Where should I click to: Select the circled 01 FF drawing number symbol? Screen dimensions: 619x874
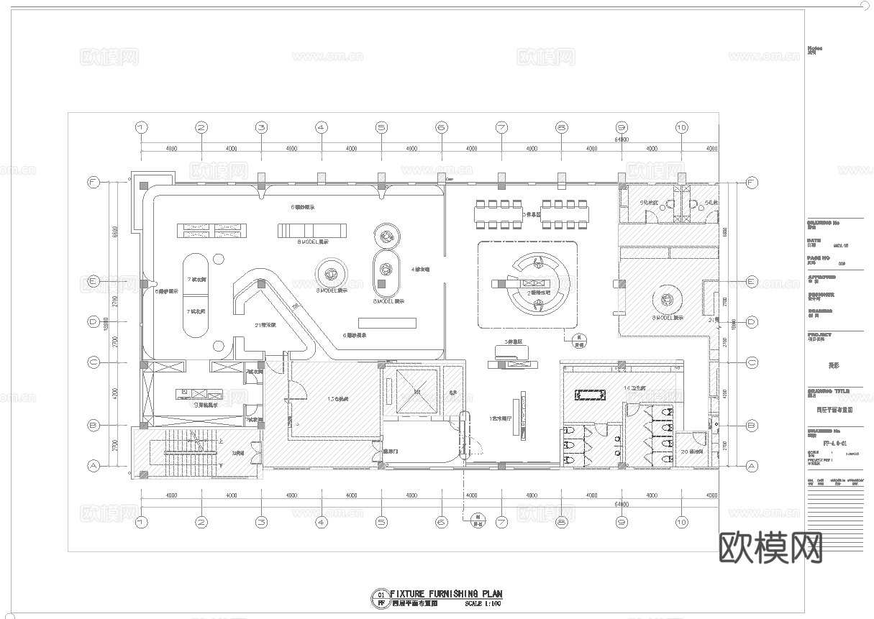380,599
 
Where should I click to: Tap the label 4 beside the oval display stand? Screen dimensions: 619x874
420,270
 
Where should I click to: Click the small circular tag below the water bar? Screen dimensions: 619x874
575,340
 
